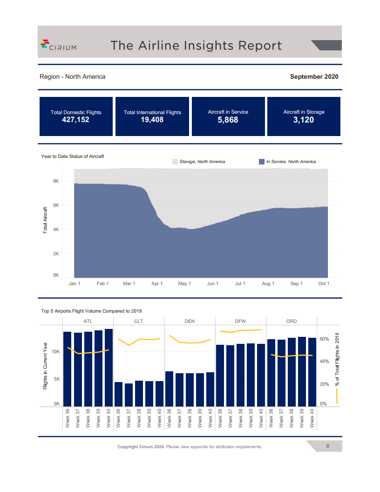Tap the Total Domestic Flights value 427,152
(75, 120)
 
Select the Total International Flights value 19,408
(152, 120)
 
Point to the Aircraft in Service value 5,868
(228, 120)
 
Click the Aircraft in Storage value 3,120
(304, 120)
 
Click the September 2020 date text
(314, 76)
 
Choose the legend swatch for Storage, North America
(175, 162)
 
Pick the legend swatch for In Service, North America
(262, 162)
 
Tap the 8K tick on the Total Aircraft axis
(56, 181)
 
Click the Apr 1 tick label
(157, 283)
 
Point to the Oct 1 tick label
(324, 283)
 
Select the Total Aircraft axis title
(45, 220)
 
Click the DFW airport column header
(240, 321)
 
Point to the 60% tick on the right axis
(324, 339)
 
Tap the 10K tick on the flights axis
(56, 352)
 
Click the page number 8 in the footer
(328, 446)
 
